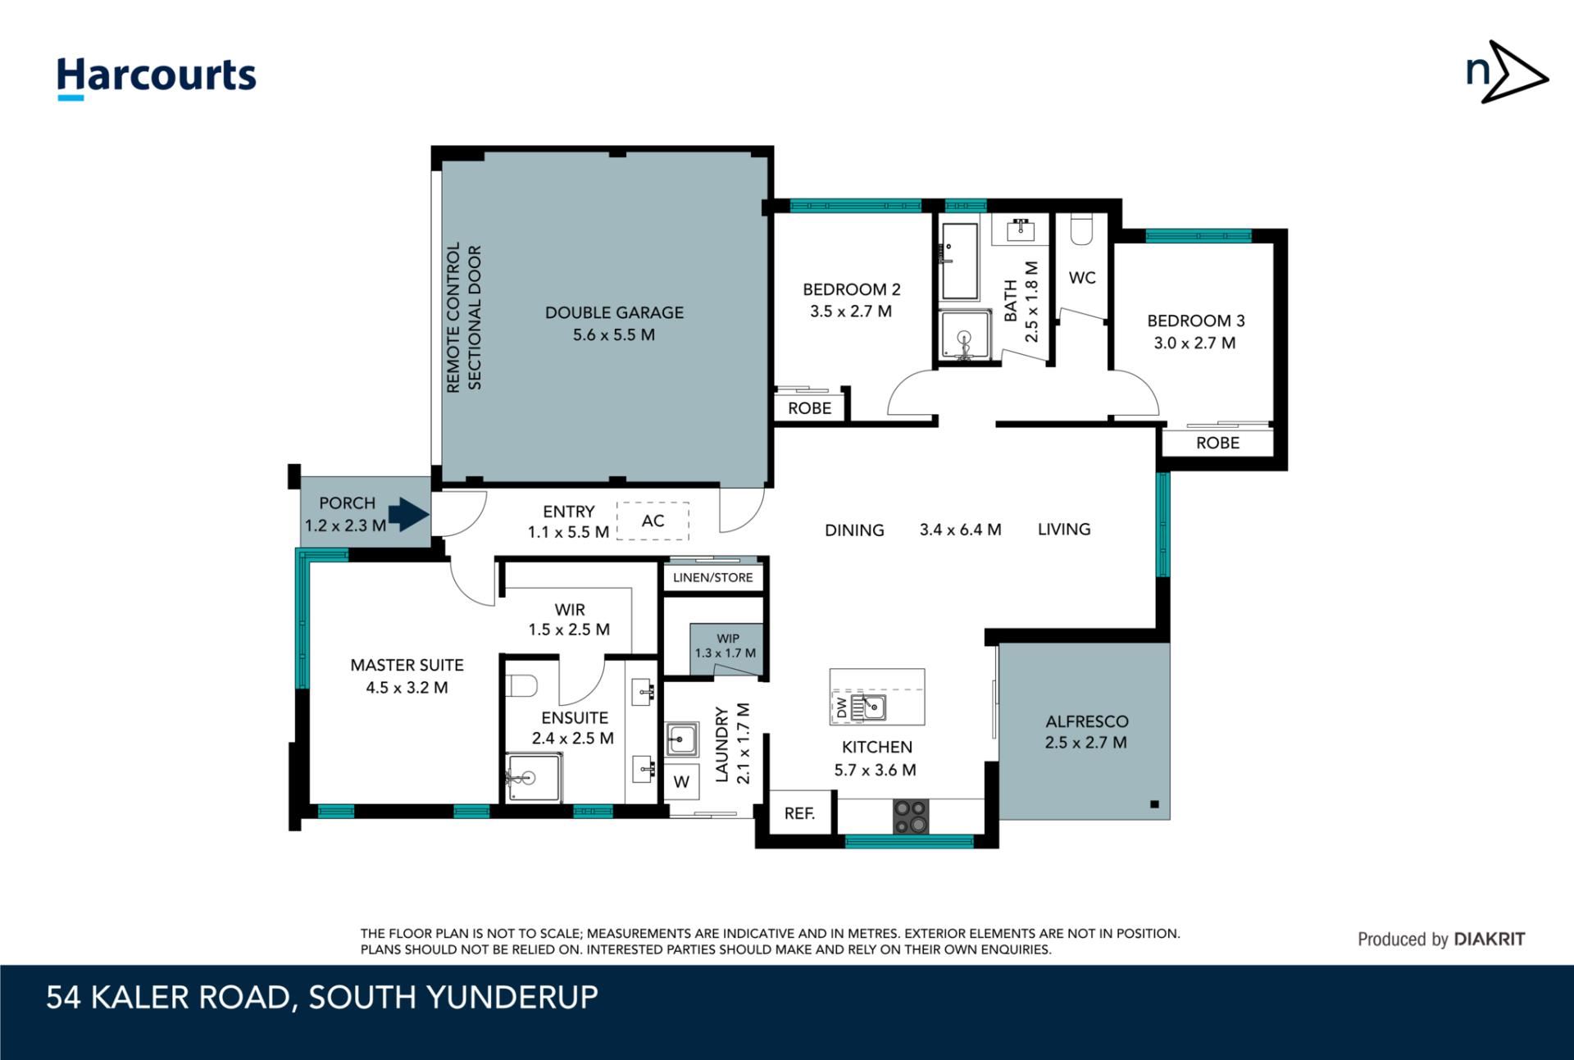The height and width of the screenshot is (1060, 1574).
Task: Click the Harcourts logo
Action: tap(156, 78)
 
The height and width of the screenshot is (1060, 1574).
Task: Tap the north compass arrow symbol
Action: tap(1507, 72)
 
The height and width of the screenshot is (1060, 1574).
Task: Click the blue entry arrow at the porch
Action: tap(408, 514)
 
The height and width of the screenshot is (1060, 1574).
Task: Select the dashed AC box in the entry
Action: tap(653, 521)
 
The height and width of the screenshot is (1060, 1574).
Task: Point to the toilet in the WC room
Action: tap(1081, 230)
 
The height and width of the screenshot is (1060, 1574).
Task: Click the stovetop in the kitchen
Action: tap(910, 816)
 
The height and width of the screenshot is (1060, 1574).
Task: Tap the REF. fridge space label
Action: tap(799, 812)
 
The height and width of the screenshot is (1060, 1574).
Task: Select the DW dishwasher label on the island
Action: tap(841, 707)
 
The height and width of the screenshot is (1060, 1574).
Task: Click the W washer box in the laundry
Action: tap(681, 782)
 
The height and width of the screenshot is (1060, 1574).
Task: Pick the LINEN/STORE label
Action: tap(712, 577)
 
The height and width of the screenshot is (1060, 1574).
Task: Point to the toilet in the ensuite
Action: tap(521, 685)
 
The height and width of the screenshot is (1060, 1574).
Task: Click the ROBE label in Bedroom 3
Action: tap(1217, 443)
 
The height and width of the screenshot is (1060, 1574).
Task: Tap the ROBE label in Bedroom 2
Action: tap(809, 408)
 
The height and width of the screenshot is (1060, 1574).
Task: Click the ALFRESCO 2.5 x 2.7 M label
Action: tap(1086, 732)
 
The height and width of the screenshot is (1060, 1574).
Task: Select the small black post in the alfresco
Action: tap(1154, 804)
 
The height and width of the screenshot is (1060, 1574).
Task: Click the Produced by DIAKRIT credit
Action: tap(1441, 939)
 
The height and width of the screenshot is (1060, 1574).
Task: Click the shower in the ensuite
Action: tap(533, 777)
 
